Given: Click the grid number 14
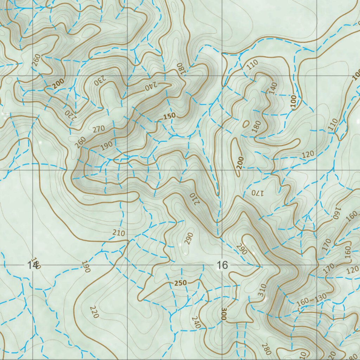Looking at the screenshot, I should click(32, 265).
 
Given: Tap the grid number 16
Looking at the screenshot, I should click(222, 265).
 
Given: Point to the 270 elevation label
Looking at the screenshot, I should click(99, 129).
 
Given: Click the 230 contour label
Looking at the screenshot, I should click(99, 81).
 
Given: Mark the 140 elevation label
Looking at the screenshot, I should click(273, 88).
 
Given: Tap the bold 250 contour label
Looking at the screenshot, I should click(181, 283).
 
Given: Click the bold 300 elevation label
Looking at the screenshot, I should click(224, 314).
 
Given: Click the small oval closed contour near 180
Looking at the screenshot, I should click(246, 124).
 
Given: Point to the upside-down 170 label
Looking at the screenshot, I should click(257, 193).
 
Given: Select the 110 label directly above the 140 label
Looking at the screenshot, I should click(252, 65).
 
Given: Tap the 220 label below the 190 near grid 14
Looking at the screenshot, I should click(94, 312).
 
